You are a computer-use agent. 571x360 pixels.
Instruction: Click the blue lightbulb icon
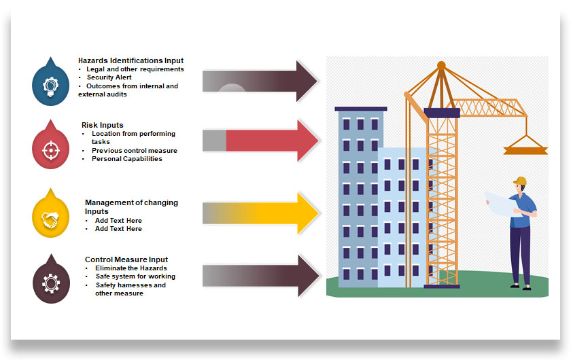coord(51,85)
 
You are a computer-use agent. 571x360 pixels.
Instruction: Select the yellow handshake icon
coord(51,219)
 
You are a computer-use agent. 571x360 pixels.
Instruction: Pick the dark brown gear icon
coord(51,283)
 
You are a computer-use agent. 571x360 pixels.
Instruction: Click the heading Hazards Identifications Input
coord(131,60)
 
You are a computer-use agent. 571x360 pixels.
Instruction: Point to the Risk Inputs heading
coord(103,125)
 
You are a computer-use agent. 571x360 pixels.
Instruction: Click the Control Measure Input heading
coord(126,259)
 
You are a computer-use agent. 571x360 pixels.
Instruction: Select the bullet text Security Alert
coord(109,77)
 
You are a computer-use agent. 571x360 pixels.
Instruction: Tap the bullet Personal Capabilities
coord(127,159)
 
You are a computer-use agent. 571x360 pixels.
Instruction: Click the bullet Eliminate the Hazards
coord(131,268)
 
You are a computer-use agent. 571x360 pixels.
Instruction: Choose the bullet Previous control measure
coord(135,151)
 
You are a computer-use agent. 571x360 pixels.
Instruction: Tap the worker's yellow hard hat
coord(520,181)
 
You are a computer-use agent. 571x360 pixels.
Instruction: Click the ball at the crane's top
coord(441,66)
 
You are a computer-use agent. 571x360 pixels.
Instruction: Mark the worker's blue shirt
coord(525,206)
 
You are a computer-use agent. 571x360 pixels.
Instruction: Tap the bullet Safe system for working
coord(135,276)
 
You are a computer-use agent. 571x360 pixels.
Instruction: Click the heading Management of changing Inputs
coord(131,206)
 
